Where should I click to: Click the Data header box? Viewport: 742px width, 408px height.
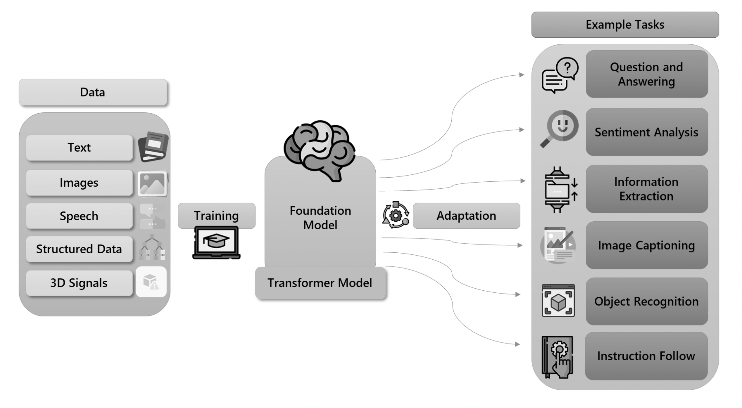[x=93, y=92]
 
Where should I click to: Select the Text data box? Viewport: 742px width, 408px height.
[x=79, y=147]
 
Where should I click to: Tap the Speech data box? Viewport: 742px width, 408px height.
[x=79, y=216]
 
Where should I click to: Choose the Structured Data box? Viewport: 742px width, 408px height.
[x=79, y=249]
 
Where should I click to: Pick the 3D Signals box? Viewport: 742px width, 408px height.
[x=79, y=283]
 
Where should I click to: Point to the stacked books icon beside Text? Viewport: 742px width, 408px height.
[x=153, y=147]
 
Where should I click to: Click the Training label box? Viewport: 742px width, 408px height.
[x=216, y=215]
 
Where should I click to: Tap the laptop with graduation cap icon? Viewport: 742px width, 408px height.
[x=216, y=243]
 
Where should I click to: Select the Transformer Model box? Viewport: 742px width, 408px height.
[x=320, y=283]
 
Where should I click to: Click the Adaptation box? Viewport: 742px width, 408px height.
[x=466, y=216]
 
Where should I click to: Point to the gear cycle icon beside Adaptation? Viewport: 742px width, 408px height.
[x=396, y=215]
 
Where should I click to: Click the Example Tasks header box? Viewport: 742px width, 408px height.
[x=625, y=25]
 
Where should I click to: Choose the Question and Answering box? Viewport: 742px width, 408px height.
[x=647, y=74]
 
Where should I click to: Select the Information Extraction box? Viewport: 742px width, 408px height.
[x=647, y=189]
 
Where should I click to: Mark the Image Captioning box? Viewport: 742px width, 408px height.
[x=647, y=245]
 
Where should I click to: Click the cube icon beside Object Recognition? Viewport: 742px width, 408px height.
[x=558, y=300]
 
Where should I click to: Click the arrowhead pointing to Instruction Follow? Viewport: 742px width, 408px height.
[x=517, y=344]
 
